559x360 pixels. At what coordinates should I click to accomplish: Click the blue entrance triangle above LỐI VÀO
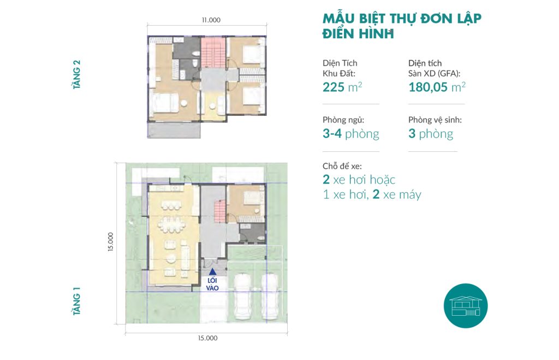(x=212, y=272)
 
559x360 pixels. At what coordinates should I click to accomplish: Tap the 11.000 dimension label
(x=211, y=20)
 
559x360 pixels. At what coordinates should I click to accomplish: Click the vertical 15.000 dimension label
(x=110, y=242)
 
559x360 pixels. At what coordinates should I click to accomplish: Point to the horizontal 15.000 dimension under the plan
(x=207, y=338)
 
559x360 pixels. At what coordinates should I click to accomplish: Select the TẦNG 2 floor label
(x=76, y=74)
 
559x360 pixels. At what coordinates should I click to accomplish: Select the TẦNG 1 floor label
(x=76, y=301)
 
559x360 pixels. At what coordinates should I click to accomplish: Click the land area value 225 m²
(x=342, y=87)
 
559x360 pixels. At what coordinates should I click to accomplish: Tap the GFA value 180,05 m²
(x=437, y=87)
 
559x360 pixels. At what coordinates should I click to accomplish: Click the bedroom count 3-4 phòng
(x=351, y=134)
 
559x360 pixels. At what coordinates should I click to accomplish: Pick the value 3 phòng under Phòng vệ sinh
(x=431, y=134)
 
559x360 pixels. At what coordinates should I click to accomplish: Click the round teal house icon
(x=466, y=306)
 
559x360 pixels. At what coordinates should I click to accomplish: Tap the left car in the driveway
(x=243, y=296)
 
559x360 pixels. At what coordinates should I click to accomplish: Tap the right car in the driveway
(x=270, y=296)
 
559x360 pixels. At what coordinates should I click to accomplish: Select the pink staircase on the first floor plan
(x=219, y=211)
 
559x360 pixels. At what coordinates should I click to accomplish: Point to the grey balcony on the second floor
(x=174, y=129)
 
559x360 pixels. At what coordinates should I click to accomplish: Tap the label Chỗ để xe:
(x=342, y=166)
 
